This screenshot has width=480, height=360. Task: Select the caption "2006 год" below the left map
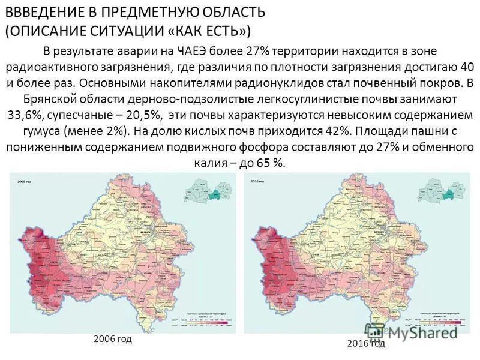pos(113,339)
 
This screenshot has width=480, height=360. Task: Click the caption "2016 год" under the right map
pos(366,344)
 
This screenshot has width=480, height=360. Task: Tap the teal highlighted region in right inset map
pos(448,194)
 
